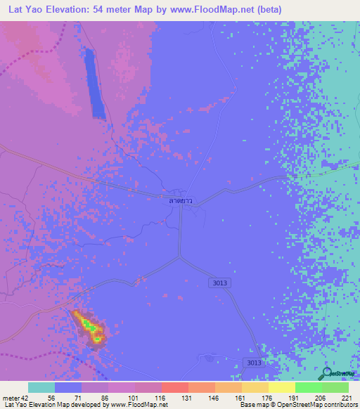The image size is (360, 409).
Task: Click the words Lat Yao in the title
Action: [25, 11]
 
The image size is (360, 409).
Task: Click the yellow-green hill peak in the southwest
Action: [88, 325]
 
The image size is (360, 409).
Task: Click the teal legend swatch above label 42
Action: [41, 388]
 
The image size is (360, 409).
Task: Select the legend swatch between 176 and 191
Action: [281, 388]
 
